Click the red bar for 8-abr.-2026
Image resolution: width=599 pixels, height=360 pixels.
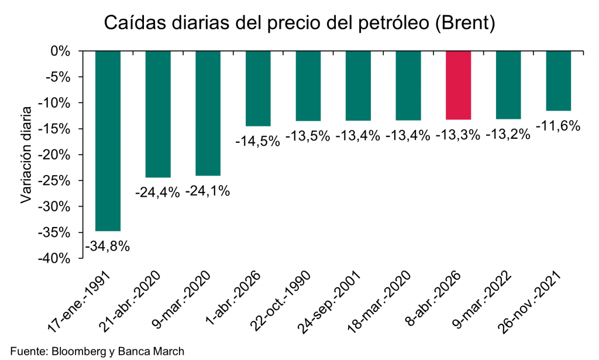[458, 85]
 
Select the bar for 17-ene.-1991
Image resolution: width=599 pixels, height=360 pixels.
[108, 140]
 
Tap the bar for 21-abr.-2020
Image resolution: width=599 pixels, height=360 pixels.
[158, 114]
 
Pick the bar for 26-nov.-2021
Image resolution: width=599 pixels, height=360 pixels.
[558, 81]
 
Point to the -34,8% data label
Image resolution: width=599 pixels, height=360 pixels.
[108, 246]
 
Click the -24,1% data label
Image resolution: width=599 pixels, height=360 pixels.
[208, 191]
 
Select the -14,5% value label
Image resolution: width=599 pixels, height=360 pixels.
[258, 141]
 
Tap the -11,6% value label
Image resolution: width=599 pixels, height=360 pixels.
[558, 125]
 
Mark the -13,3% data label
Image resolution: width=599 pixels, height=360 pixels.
[458, 135]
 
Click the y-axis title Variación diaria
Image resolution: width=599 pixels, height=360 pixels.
[26, 154]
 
